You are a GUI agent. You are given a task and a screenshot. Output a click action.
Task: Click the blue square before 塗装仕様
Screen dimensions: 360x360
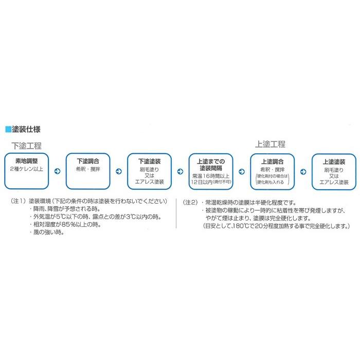click(x=8, y=129)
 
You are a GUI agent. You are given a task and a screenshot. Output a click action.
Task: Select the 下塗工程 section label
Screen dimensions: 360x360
click(x=27, y=145)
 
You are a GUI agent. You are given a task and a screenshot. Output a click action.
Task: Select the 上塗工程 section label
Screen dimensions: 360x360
click(x=270, y=144)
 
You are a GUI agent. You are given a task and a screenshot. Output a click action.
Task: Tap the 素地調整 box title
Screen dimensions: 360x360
click(x=27, y=161)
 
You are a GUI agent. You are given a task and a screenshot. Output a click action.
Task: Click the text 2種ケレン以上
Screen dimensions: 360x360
click(x=27, y=169)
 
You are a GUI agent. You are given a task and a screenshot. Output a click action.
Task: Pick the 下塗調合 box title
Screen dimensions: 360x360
click(x=88, y=161)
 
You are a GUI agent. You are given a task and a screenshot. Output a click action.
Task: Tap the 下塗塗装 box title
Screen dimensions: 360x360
click(x=150, y=161)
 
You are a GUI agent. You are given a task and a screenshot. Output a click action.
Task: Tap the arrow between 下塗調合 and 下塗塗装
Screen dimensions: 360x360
click(x=119, y=172)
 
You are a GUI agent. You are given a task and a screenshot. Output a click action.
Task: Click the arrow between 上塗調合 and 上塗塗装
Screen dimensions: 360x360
click(x=303, y=172)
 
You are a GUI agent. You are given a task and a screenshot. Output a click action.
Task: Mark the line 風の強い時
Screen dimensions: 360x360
click(x=48, y=233)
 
